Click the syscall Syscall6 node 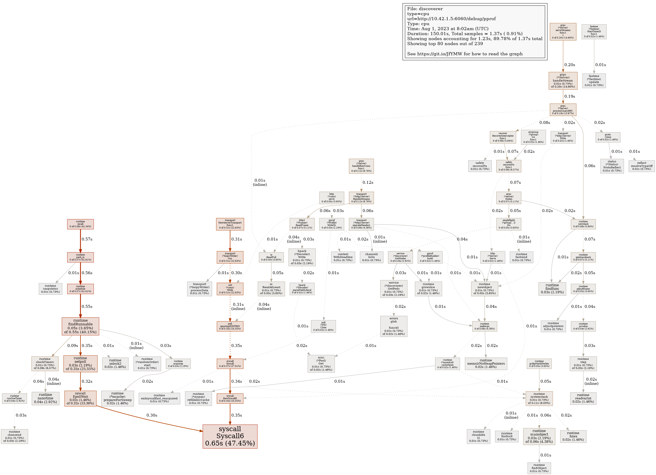230,436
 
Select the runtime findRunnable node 80,326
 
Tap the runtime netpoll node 80,364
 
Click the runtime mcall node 80,224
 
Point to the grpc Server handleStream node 563,81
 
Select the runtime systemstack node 539,398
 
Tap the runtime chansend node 15,437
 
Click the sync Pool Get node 321,364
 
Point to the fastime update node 594,81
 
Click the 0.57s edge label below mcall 87,239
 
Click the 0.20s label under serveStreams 570,65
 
